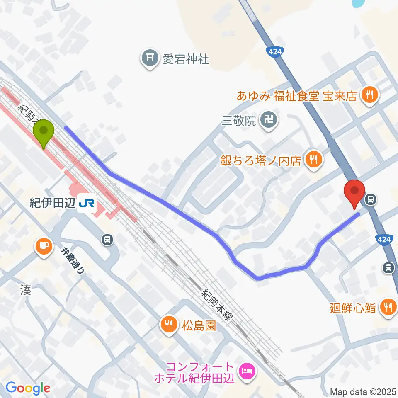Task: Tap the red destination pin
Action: click(355, 192)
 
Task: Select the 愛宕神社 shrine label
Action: click(185, 59)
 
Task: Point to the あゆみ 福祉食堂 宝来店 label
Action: click(296, 96)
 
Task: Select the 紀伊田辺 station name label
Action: click(51, 203)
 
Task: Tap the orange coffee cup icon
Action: click(43, 246)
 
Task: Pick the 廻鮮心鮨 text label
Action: click(353, 308)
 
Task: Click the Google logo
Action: click(28, 388)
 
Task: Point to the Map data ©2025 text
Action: click(363, 391)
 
